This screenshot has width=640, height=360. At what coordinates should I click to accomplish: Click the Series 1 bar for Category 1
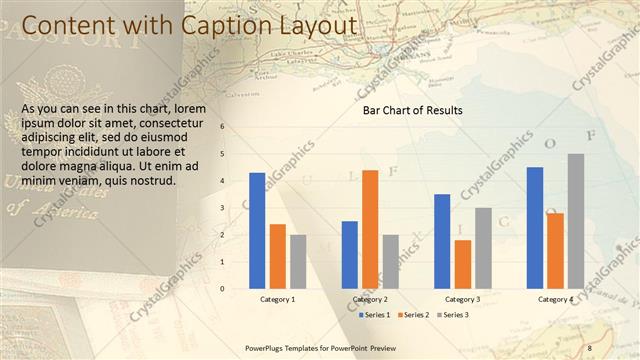(x=257, y=230)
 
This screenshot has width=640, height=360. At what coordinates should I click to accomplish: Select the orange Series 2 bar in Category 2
(x=370, y=229)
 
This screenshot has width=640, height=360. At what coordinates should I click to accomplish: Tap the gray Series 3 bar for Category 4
(x=576, y=221)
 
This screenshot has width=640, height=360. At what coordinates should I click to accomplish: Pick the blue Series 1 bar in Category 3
(x=442, y=241)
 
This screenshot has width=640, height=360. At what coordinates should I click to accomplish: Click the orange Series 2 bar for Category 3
(x=462, y=264)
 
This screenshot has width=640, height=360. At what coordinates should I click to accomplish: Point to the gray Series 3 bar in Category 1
(x=298, y=261)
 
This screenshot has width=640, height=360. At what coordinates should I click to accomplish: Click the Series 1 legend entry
(x=376, y=315)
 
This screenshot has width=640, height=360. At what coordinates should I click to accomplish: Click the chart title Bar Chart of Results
(x=412, y=111)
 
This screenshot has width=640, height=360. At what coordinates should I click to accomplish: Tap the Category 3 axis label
(x=462, y=299)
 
